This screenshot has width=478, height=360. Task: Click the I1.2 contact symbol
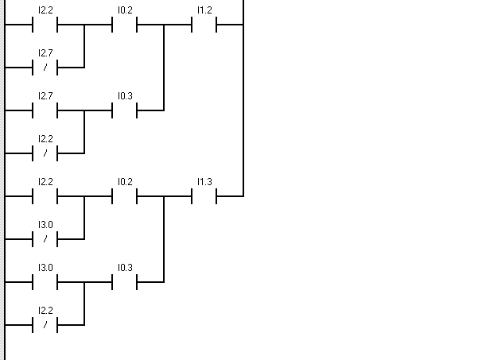pyautogui.click(x=204, y=24)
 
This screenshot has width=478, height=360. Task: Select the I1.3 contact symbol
pyautogui.click(x=204, y=195)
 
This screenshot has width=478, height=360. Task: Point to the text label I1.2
pyautogui.click(x=204, y=10)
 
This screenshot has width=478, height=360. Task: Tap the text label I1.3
pyautogui.click(x=204, y=182)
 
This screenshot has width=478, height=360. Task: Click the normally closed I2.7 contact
pyautogui.click(x=45, y=67)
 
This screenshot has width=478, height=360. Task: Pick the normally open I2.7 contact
pyautogui.click(x=45, y=110)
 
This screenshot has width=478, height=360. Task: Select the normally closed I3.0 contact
pyautogui.click(x=45, y=238)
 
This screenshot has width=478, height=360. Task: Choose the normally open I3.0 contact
pyautogui.click(x=45, y=281)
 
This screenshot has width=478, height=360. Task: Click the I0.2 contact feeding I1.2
pyautogui.click(x=125, y=24)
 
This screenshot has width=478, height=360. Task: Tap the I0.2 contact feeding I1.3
pyautogui.click(x=125, y=195)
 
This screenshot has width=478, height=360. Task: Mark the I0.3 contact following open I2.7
pyautogui.click(x=125, y=110)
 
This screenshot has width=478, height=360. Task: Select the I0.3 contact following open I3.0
pyautogui.click(x=125, y=281)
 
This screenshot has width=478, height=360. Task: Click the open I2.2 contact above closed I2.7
pyautogui.click(x=45, y=24)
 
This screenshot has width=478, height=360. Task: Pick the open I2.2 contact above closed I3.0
pyautogui.click(x=45, y=195)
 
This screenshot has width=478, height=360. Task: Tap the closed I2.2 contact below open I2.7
pyautogui.click(x=45, y=153)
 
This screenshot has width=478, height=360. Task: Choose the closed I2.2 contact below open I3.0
pyautogui.click(x=45, y=324)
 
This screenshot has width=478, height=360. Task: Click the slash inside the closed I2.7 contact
pyautogui.click(x=45, y=67)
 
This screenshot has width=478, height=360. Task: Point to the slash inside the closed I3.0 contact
pyautogui.click(x=45, y=238)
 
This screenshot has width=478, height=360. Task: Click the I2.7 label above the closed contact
pyautogui.click(x=45, y=53)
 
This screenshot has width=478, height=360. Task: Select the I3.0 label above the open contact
pyautogui.click(x=45, y=268)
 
